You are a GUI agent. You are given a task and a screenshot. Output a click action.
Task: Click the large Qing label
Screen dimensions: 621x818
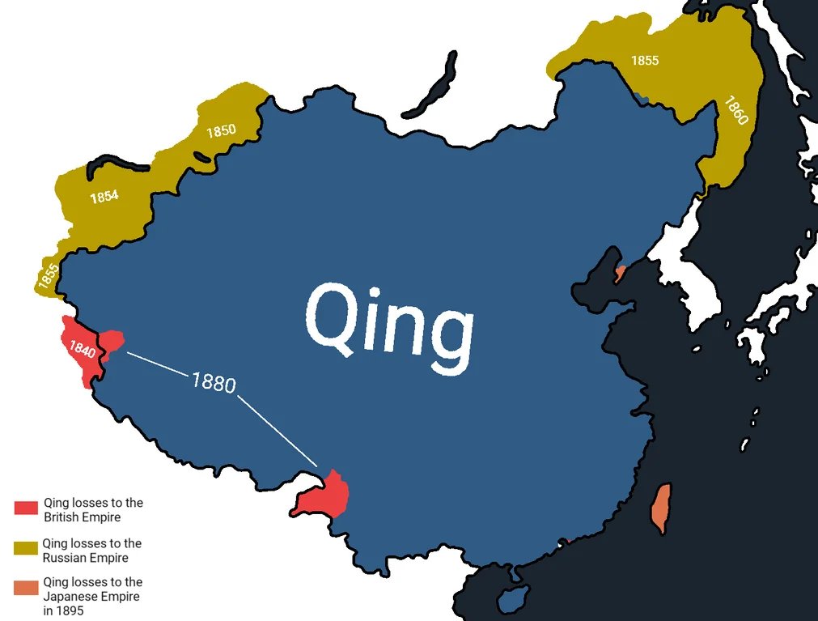click(389, 324)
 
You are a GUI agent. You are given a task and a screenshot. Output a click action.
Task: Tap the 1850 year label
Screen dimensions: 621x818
click(221, 130)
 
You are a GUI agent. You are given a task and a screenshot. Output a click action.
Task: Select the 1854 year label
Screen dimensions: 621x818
click(104, 196)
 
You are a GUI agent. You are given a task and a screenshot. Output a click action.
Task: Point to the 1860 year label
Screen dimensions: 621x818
click(736, 110)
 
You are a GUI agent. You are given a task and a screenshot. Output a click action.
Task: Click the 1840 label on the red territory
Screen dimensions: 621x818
click(83, 350)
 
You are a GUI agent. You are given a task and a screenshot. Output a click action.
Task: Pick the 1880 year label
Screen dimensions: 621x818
click(214, 381)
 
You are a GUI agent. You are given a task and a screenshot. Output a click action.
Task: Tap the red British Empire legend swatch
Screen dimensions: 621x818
click(26, 508)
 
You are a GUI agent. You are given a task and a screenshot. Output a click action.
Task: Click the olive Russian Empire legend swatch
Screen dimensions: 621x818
click(26, 549)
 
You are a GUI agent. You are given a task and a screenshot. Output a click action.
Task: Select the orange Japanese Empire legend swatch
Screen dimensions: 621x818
click(26, 588)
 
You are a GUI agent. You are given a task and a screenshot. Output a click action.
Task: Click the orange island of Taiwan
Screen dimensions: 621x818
click(661, 508)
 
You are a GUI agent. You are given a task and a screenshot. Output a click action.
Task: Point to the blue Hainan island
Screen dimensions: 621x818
click(511, 599)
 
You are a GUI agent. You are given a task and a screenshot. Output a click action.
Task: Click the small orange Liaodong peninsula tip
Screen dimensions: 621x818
click(620, 273)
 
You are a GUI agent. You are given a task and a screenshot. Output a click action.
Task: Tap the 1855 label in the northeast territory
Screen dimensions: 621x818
click(645, 61)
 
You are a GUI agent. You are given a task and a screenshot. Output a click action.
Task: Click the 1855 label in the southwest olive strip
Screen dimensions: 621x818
click(48, 277)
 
